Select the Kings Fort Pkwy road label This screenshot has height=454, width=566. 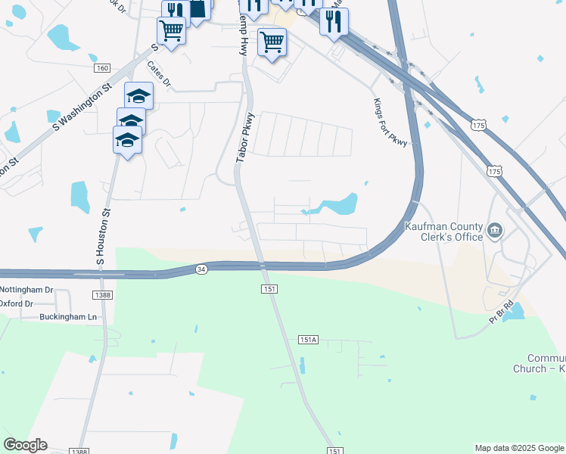tap(390, 123)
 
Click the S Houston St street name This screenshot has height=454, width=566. tap(102, 236)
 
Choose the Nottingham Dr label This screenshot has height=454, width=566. tap(26, 290)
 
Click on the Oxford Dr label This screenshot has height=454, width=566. tap(17, 303)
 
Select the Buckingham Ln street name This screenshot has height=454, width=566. tap(70, 317)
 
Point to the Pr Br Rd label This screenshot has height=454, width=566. tap(501, 313)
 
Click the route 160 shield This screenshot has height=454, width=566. tap(102, 68)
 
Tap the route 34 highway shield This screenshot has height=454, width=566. tap(201, 269)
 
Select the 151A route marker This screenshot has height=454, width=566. tap(308, 340)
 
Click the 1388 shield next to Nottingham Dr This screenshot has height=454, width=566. tap(104, 294)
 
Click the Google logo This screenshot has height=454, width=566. tap(25, 445)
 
